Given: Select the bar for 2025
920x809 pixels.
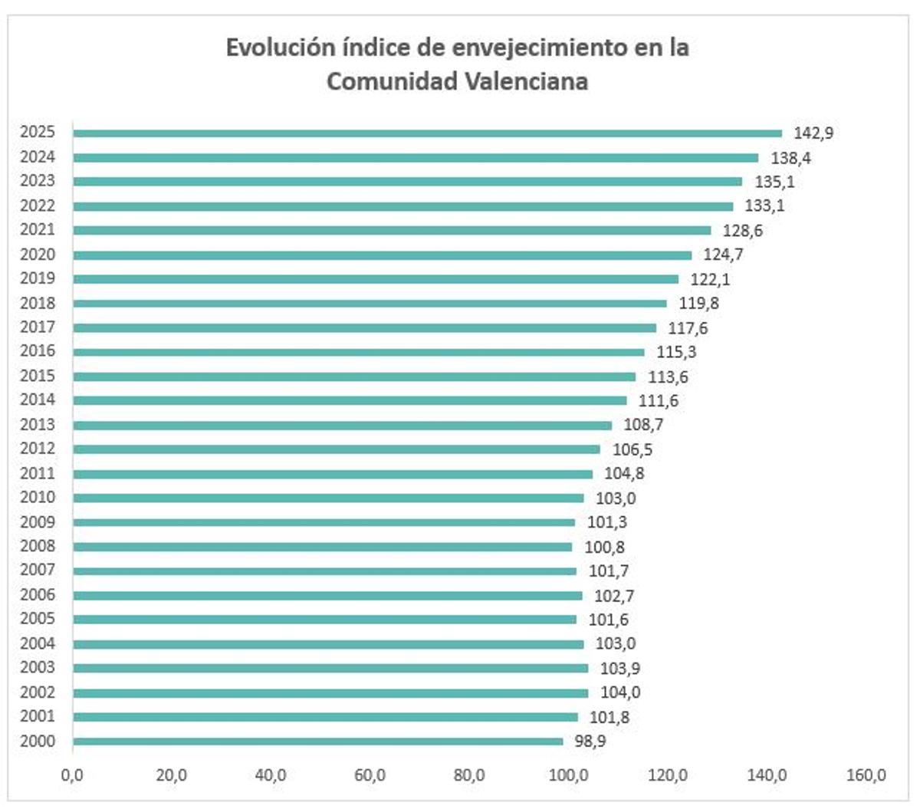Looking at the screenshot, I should (427, 133).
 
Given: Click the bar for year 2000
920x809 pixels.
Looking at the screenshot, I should (318, 742).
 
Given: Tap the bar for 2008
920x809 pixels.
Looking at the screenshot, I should (322, 547).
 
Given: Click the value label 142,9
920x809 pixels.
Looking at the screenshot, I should (813, 133).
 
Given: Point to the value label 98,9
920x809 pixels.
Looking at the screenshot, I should (590, 742).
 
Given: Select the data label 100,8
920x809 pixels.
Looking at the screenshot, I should (604, 548).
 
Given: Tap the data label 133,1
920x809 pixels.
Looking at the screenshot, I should (764, 206).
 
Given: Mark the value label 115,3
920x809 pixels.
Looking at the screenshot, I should (676, 353).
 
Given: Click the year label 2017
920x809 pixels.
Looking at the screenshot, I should (38, 327).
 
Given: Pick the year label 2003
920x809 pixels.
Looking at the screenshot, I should (38, 668).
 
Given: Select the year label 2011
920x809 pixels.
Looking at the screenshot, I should (38, 474).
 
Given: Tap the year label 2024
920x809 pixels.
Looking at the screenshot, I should (38, 157).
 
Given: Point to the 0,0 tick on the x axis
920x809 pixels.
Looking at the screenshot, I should (72, 775).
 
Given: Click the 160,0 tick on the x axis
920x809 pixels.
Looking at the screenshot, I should (866, 775).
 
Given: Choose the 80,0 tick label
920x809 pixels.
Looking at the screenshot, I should (468, 775).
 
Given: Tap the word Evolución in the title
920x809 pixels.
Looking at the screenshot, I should (270, 48).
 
